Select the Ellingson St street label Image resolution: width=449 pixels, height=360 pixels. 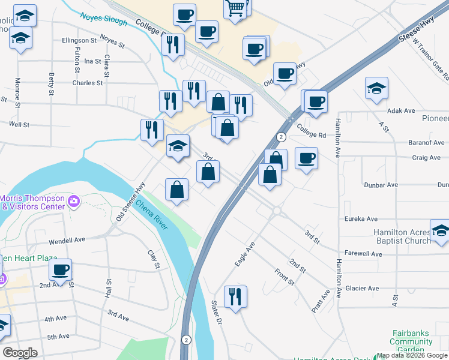79,41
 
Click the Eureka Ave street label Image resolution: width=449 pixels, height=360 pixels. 361,220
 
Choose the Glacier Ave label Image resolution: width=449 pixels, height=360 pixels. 362,289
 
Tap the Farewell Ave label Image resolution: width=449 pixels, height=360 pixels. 364,254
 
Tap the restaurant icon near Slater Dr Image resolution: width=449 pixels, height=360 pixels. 236,296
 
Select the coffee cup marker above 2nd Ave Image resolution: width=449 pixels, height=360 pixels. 60,269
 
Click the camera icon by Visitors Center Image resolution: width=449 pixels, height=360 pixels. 74,202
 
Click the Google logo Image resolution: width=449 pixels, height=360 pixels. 20,353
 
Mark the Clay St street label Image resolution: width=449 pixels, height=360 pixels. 154,259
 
